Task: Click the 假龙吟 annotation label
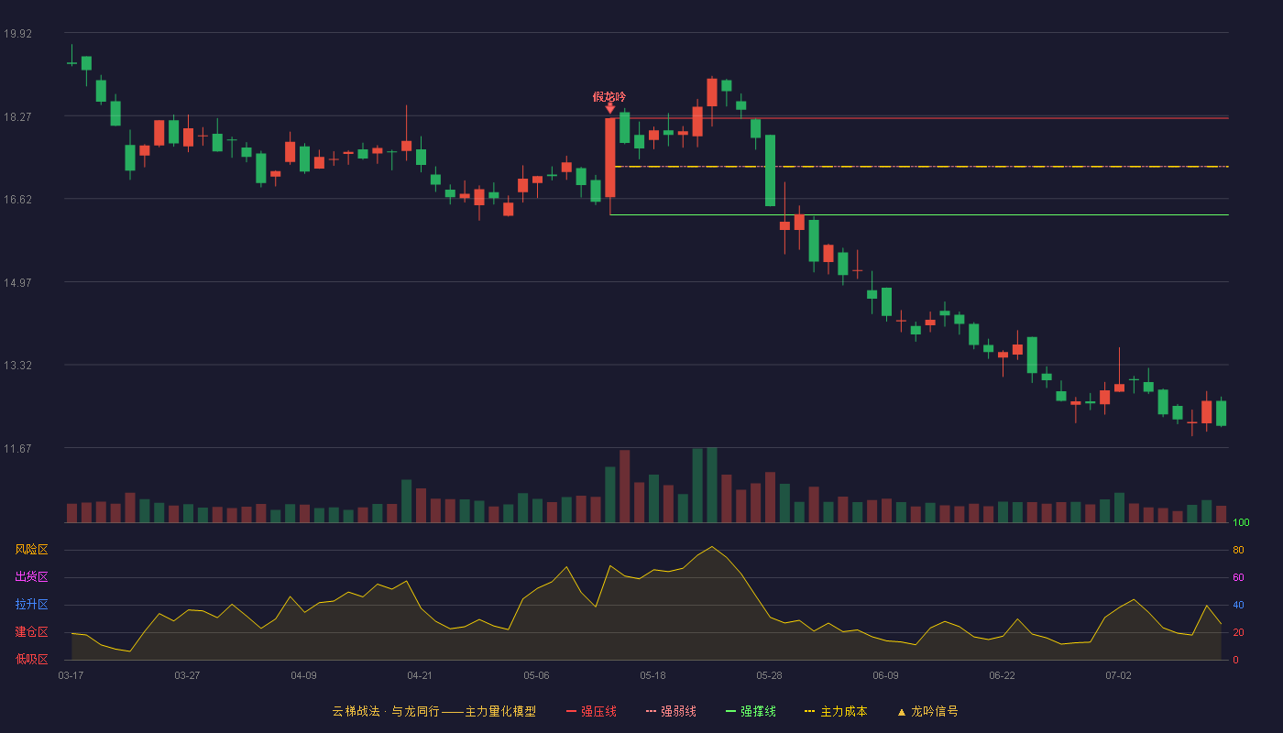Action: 609,97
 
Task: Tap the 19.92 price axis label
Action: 17,33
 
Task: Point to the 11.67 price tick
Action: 17,448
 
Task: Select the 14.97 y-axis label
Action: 17,282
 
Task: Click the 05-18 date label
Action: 652,676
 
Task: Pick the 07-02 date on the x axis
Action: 1119,676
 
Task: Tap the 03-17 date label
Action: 71,676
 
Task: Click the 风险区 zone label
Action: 31,550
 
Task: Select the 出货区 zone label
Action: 31,576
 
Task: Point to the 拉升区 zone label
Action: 31,604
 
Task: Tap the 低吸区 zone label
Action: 31,659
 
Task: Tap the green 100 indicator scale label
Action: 1241,522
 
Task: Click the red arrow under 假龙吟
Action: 610,109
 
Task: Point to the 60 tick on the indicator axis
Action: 1238,577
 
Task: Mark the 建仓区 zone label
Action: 31,631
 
